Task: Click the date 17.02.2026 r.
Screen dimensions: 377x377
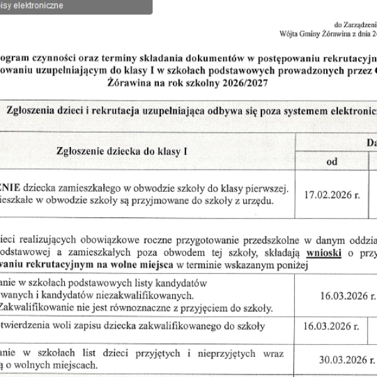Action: coord(332,195)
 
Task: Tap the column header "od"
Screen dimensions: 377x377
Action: coord(332,161)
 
